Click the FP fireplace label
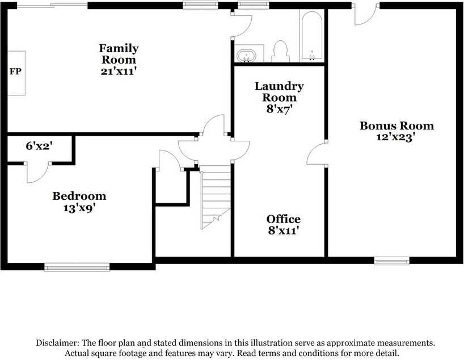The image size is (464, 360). (x=15, y=72)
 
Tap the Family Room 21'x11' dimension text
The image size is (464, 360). (x=119, y=72)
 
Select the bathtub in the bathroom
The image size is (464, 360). (x=312, y=36)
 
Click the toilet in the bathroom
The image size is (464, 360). (x=280, y=51)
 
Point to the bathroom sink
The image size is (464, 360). (x=246, y=56)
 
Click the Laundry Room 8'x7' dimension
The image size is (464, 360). (x=279, y=109)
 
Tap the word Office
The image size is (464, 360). (x=283, y=219)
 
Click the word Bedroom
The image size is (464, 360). (x=79, y=196)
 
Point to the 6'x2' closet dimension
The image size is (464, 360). (x=39, y=146)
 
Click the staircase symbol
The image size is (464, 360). (x=216, y=198)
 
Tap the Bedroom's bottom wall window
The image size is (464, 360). (x=77, y=267)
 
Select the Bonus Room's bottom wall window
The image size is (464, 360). (x=392, y=261)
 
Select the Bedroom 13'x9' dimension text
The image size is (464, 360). (x=79, y=208)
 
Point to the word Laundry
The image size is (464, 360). (x=279, y=86)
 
